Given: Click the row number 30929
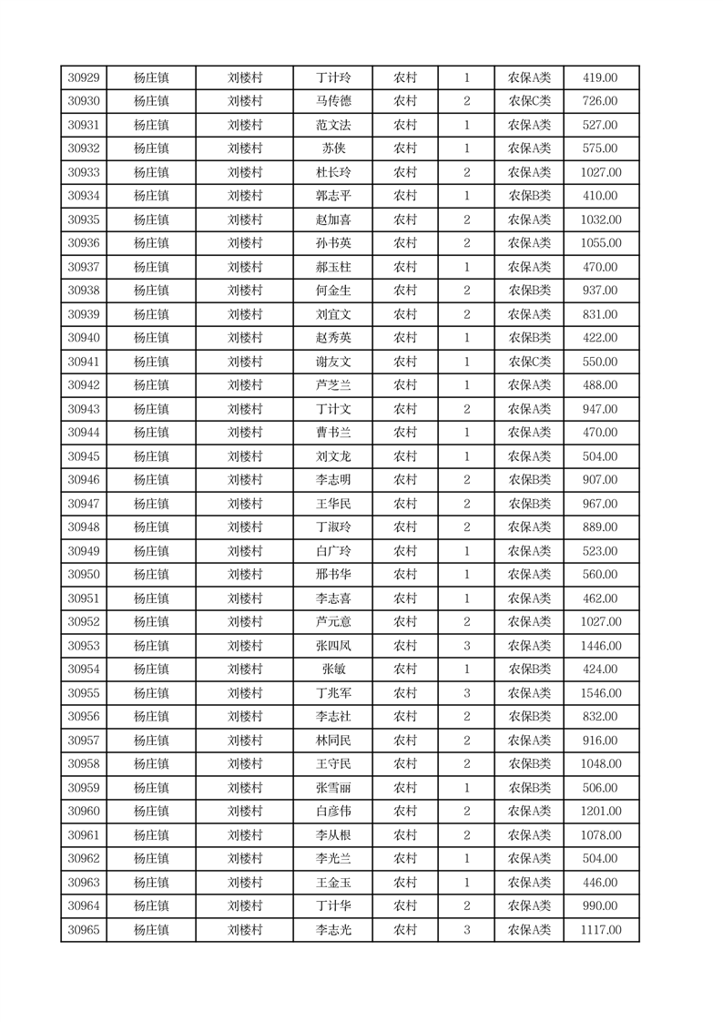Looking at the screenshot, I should click(x=84, y=78).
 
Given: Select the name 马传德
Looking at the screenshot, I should click(x=332, y=102).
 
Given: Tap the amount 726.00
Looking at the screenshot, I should click(x=600, y=102).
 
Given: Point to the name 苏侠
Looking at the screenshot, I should click(x=332, y=149).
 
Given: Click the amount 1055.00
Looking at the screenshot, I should click(x=600, y=244).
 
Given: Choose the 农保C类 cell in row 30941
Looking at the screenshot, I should click(x=529, y=363).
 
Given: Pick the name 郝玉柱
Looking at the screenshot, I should click(x=332, y=268).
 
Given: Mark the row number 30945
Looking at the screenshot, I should click(x=84, y=457).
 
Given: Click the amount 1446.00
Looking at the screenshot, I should click(x=600, y=647).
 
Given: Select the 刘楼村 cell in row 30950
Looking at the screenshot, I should click(x=245, y=576).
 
